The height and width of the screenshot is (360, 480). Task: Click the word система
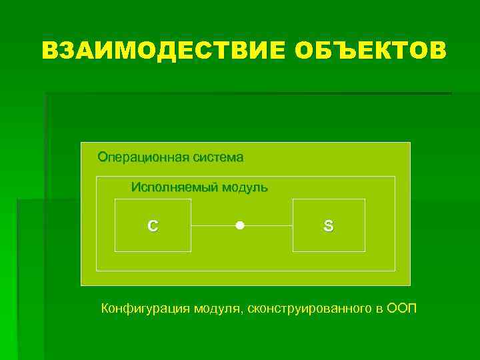click(x=218, y=158)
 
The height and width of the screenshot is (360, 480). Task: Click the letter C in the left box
click(x=153, y=226)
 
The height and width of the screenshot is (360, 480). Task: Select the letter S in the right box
click(x=328, y=226)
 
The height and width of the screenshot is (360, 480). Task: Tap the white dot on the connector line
click(x=240, y=226)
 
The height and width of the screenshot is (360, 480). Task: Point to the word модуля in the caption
click(x=219, y=309)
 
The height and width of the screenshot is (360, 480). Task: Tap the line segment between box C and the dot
click(x=213, y=226)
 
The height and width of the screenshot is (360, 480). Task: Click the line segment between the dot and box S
click(x=267, y=226)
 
